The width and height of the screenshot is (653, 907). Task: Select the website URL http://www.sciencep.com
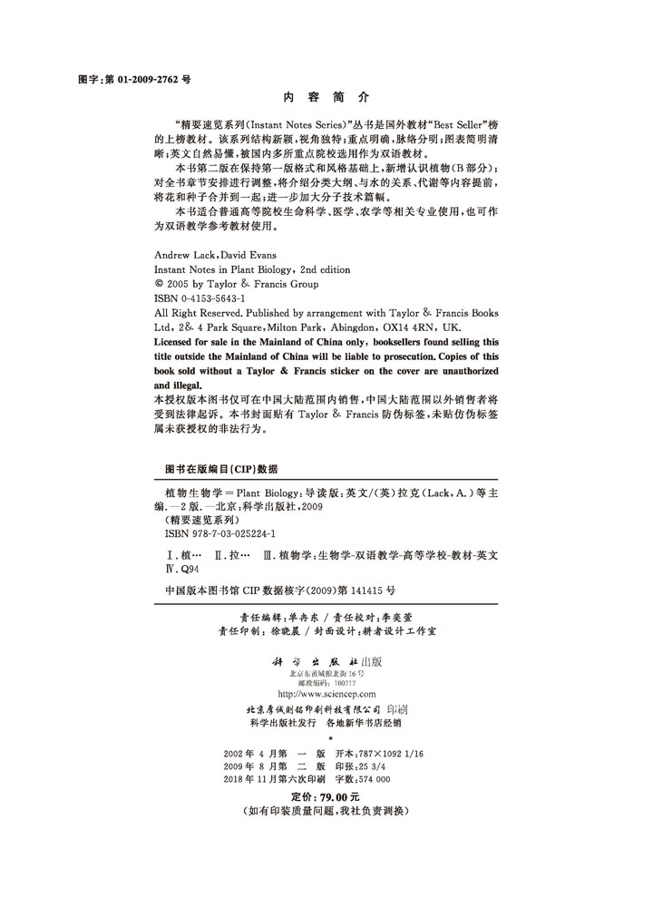[327, 694]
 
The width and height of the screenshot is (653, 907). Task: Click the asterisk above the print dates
[327, 738]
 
